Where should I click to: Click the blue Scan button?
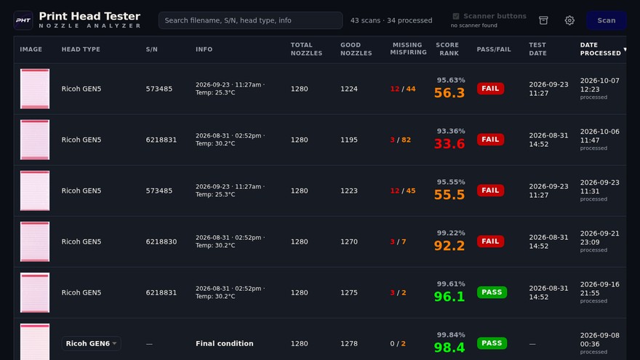pyautogui.click(x=606, y=20)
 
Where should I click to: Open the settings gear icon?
pyautogui.click(x=569, y=20)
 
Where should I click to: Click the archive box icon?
pyautogui.click(x=543, y=20)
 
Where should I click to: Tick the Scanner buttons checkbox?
pyautogui.click(x=456, y=16)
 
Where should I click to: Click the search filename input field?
pyautogui.click(x=251, y=20)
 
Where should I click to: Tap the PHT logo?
pyautogui.click(x=23, y=20)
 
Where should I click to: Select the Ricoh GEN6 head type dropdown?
pyautogui.click(x=91, y=344)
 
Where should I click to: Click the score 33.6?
pyautogui.click(x=449, y=144)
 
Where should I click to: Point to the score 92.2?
pyautogui.click(x=449, y=246)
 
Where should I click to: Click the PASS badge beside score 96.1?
pyautogui.click(x=492, y=292)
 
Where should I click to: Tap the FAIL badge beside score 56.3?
pyautogui.click(x=490, y=89)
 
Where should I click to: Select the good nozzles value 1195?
pyautogui.click(x=349, y=140)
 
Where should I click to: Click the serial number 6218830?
pyautogui.click(x=161, y=241)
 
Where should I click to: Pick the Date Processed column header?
pyautogui.click(x=601, y=49)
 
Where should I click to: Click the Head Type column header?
pyautogui.click(x=81, y=49)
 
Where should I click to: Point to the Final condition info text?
pyautogui.click(x=225, y=344)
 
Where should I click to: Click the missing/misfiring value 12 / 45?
pyautogui.click(x=403, y=191)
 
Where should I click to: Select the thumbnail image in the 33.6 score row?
pyautogui.click(x=35, y=140)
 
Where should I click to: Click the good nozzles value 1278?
pyautogui.click(x=349, y=344)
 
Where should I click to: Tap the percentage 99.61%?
pyautogui.click(x=451, y=284)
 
